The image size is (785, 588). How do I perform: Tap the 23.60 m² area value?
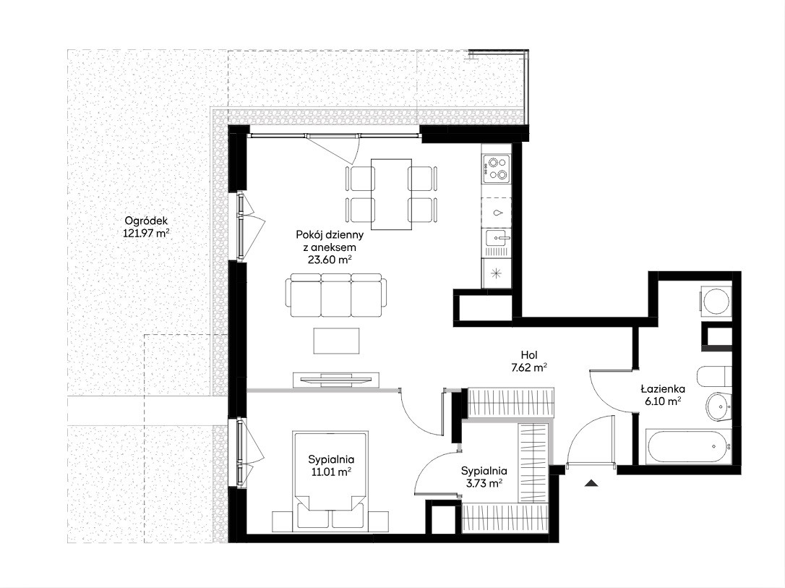[x=330, y=260]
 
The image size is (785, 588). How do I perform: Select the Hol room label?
[x=529, y=355]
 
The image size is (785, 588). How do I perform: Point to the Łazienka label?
[x=663, y=388]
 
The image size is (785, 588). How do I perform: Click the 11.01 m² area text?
[x=331, y=472]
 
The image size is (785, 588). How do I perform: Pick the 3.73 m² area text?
[x=484, y=483]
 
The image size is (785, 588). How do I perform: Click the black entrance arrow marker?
[x=592, y=483]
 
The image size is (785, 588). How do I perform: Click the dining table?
[x=392, y=194]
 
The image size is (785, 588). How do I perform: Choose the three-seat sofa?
[x=335, y=296]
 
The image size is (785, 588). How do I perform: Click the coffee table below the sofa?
[x=336, y=341]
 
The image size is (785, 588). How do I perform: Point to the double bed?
[x=331, y=480]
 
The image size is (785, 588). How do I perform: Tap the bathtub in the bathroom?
[x=688, y=446]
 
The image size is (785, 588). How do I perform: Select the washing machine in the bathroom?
[x=716, y=301]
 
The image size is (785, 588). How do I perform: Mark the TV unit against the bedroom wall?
[x=335, y=379]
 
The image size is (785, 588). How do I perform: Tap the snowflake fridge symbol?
[x=496, y=273]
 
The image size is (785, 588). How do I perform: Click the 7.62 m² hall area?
[x=529, y=367]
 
